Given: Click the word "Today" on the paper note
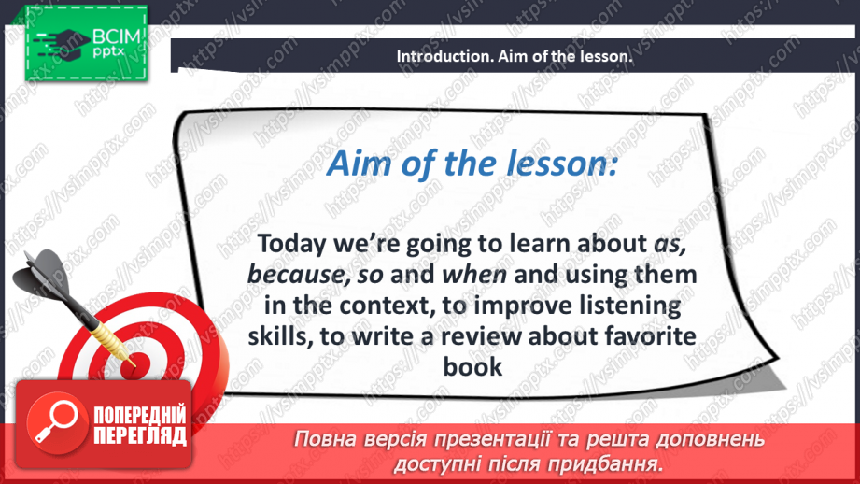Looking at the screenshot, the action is click(291, 244).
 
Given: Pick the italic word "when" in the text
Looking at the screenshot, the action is click(474, 275).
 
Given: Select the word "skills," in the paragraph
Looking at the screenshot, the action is click(280, 335).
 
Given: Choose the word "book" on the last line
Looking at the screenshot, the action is click(472, 366).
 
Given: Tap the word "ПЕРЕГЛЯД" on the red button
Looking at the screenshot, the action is click(140, 436).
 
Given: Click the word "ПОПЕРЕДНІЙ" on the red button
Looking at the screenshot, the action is click(140, 415).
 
